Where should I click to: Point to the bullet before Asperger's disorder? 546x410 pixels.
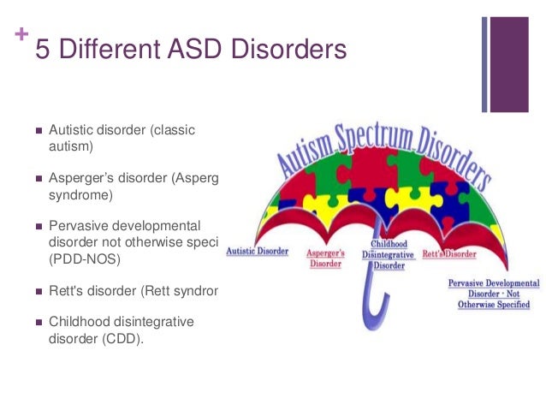[x=39, y=179]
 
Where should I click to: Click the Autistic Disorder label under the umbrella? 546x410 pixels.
[x=257, y=253]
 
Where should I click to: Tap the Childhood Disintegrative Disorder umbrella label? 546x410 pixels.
[x=389, y=255]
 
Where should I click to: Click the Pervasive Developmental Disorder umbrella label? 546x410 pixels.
[x=494, y=294]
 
